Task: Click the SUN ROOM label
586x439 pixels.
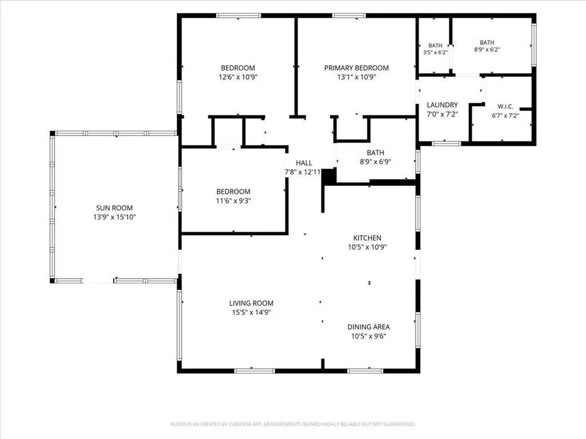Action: pos(114,208)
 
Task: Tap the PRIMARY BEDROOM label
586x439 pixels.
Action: pos(357,68)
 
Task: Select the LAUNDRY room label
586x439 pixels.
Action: pos(442,105)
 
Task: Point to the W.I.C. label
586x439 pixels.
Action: pos(505,106)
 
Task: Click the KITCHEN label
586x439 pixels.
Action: pos(367,238)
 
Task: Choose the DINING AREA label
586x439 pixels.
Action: pos(369,327)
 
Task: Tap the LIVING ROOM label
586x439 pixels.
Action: pos(251,303)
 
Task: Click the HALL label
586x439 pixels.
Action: pos(304,163)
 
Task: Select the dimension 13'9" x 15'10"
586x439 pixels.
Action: pos(114,217)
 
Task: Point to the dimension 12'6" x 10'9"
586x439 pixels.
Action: pos(238,77)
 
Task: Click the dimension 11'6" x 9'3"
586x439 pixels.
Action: pos(233,201)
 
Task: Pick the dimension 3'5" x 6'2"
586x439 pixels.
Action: pos(435,53)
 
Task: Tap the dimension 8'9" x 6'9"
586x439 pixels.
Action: pos(375,162)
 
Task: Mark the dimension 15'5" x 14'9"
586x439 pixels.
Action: pos(251,313)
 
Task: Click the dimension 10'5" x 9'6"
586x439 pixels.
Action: pos(369,336)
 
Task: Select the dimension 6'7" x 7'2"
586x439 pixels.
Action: pos(505,115)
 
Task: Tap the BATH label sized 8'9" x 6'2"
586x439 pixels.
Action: pos(487,42)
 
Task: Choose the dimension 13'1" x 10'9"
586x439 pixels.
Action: pos(357,77)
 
